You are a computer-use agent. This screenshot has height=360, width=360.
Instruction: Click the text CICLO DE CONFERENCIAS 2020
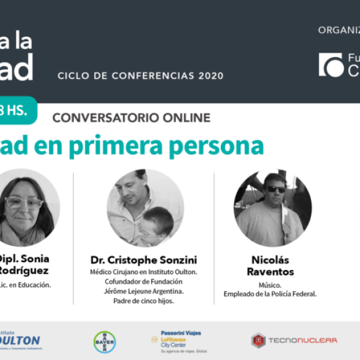tap(140, 76)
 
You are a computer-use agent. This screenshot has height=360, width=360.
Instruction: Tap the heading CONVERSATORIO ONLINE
tap(131, 118)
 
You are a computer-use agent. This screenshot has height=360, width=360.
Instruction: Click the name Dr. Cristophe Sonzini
tap(143, 260)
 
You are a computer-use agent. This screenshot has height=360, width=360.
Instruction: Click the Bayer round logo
tap(104, 342)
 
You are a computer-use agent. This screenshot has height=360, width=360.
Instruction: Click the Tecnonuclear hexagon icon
tap(258, 341)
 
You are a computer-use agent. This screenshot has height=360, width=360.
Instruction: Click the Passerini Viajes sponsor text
tap(181, 333)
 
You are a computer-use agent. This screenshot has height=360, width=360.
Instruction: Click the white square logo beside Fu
tap(331, 65)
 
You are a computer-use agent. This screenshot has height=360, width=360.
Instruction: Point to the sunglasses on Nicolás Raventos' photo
tap(276, 189)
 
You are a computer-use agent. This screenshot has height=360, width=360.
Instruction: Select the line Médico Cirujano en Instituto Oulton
tap(143, 272)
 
